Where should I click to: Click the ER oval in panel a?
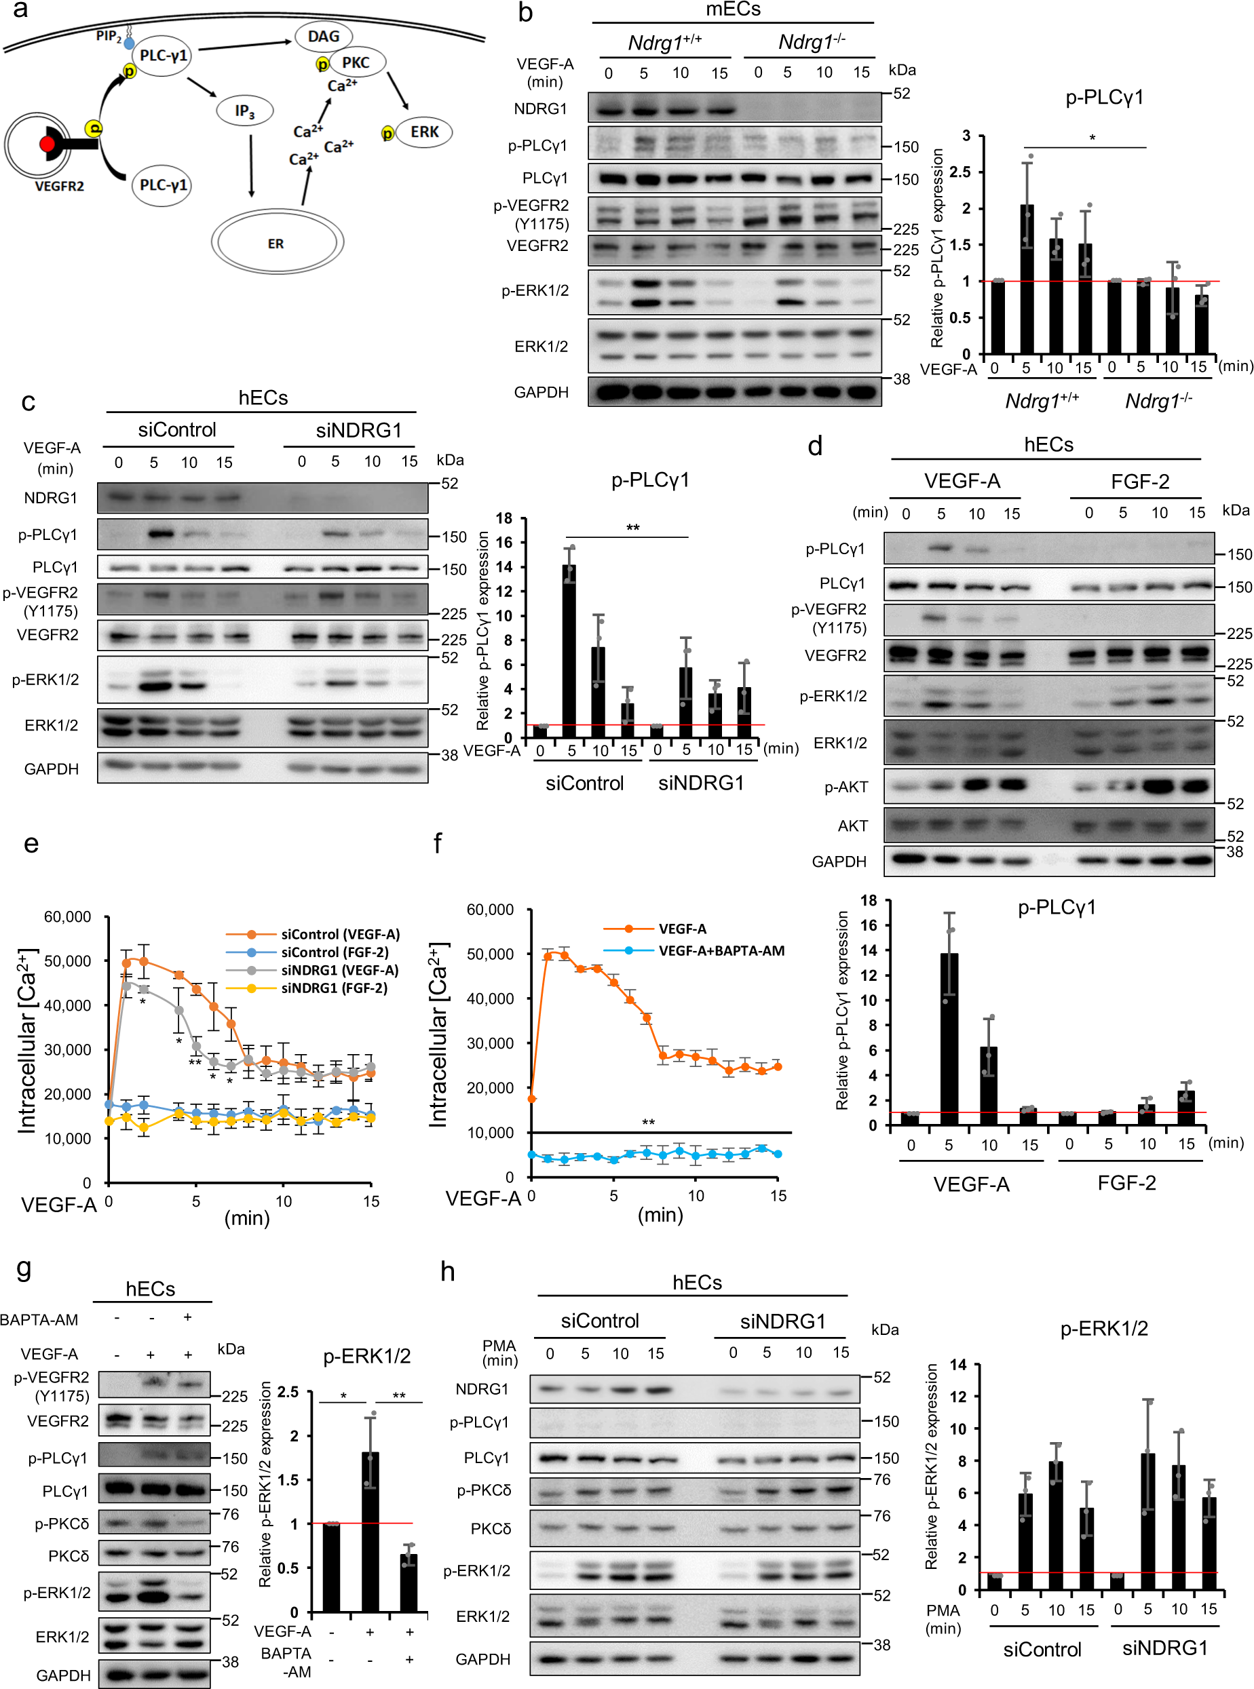pyautogui.click(x=276, y=244)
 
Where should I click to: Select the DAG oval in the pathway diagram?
pyautogui.click(x=324, y=37)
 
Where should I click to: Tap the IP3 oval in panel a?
pyautogui.click(x=244, y=111)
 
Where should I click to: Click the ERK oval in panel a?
pyautogui.click(x=423, y=132)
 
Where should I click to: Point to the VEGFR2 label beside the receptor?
pyautogui.click(x=59, y=186)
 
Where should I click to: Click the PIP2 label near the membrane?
pyautogui.click(x=108, y=36)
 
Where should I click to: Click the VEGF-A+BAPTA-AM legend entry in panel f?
pyautogui.click(x=721, y=951)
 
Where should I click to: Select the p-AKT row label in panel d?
pyautogui.click(x=845, y=788)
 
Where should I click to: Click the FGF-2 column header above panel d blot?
pyautogui.click(x=1139, y=481)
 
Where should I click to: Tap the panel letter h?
pyautogui.click(x=448, y=1271)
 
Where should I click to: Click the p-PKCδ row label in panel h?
pyautogui.click(x=484, y=1490)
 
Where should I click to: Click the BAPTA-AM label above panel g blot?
pyautogui.click(x=39, y=1319)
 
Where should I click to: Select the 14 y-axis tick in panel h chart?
pyautogui.click(x=958, y=1365)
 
